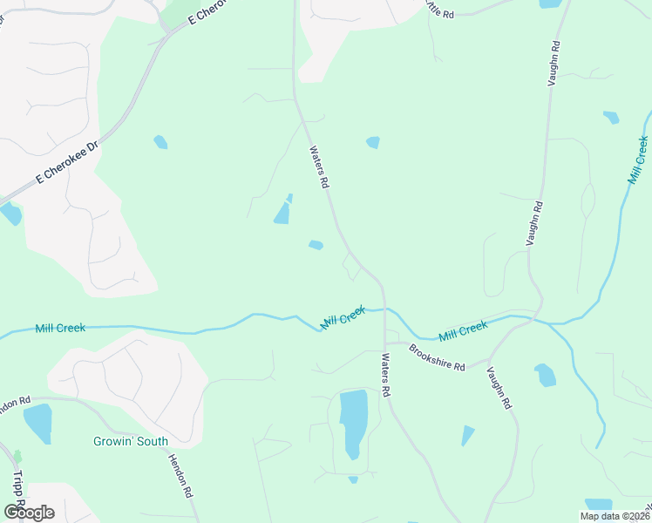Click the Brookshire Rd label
pyautogui.click(x=437, y=359)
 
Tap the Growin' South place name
pyautogui.click(x=131, y=441)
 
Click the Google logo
pyautogui.click(x=29, y=512)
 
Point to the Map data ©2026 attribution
pyautogui.click(x=614, y=516)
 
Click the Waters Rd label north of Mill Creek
pyautogui.click(x=318, y=166)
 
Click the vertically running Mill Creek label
pyautogui.click(x=638, y=160)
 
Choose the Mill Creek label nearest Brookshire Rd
pyautogui.click(x=463, y=331)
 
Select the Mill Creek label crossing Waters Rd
pyautogui.click(x=343, y=317)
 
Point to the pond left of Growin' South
pyautogui.click(x=37, y=423)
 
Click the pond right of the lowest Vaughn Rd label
pyautogui.click(x=545, y=375)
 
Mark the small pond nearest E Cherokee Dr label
pyautogui.click(x=160, y=142)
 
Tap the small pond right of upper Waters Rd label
pyautogui.click(x=373, y=142)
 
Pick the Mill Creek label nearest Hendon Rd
pyautogui.click(x=60, y=329)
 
